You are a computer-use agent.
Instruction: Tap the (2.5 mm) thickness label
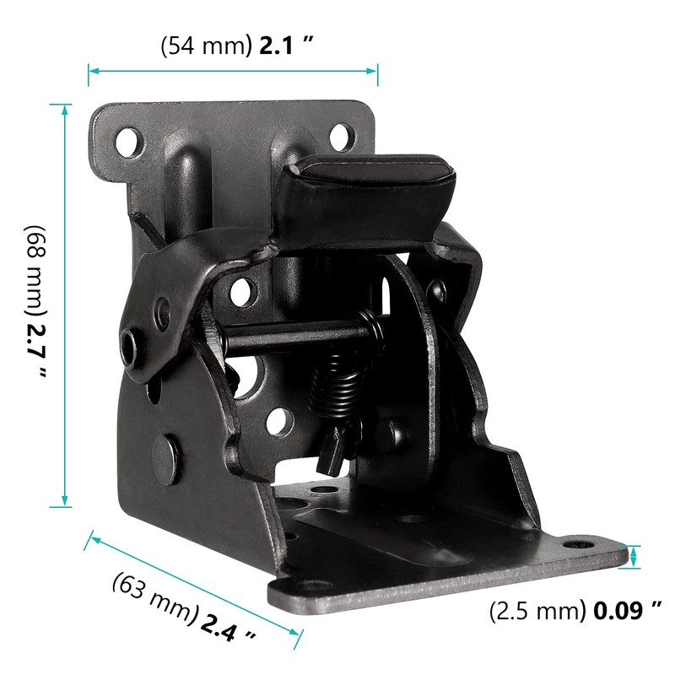tap(537, 610)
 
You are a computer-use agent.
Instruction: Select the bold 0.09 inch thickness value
tap(623, 610)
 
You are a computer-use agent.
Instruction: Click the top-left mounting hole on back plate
tap(128, 139)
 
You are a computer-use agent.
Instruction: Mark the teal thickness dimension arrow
tap(634, 557)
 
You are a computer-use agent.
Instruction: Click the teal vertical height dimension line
tap(61, 304)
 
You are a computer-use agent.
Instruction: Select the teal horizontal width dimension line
tap(233, 71)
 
